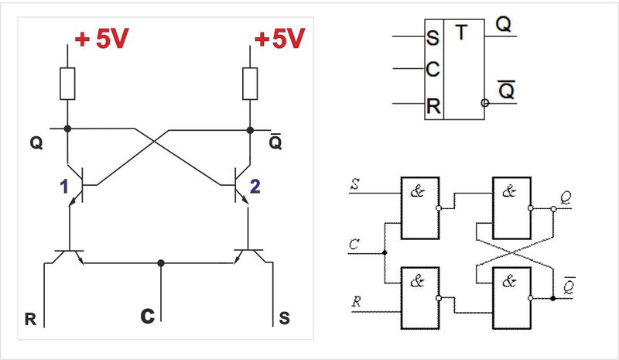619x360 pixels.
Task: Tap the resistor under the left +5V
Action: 68,84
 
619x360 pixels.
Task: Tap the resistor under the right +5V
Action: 250,84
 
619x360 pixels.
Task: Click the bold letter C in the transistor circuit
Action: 147,316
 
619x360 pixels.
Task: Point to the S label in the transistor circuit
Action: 283,317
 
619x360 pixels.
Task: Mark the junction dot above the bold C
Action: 160,262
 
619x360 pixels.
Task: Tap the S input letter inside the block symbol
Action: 433,38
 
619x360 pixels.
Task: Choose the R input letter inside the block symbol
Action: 433,105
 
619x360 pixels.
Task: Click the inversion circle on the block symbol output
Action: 484,102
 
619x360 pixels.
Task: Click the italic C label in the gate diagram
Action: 355,244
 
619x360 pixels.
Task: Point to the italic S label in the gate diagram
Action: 355,183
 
